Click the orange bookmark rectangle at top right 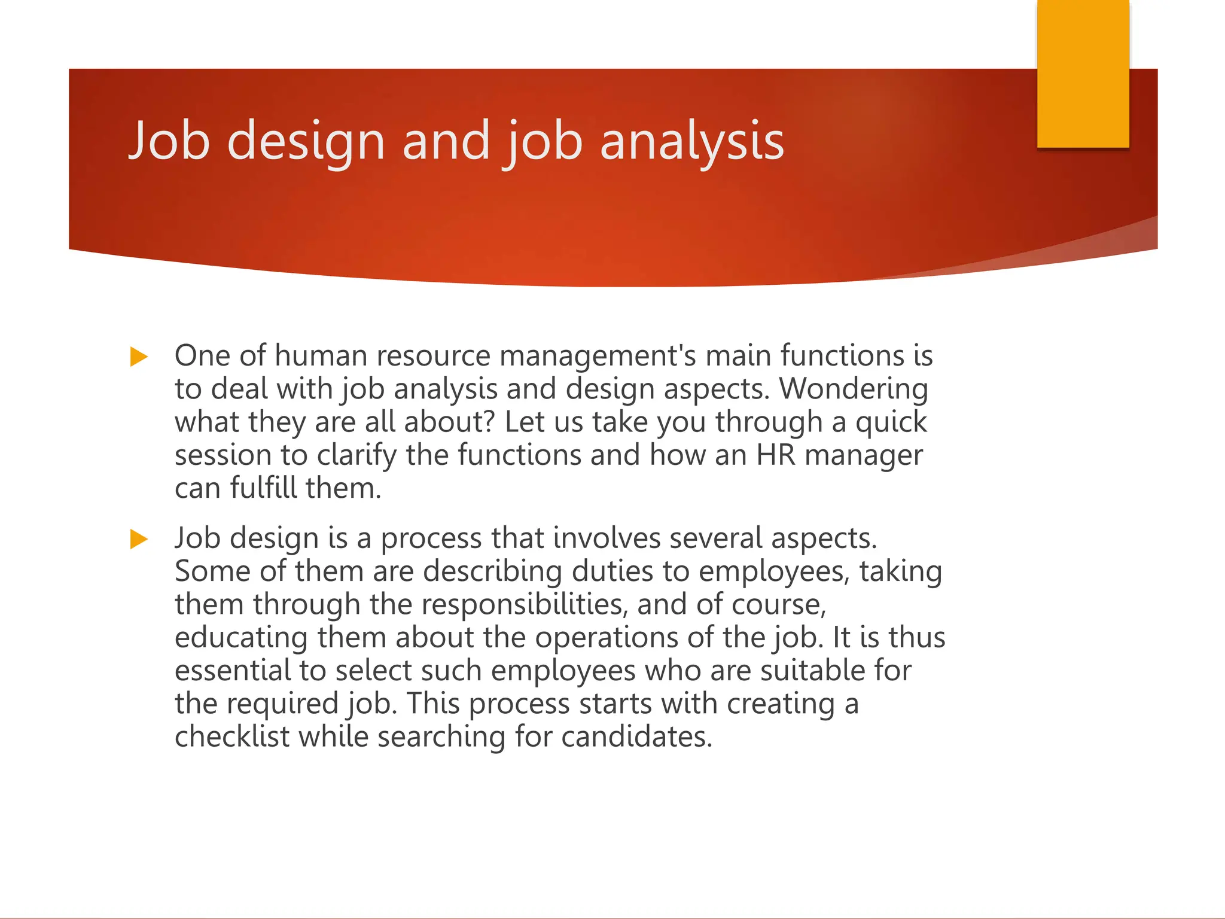[x=1083, y=73]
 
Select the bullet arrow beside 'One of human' [x=139, y=357]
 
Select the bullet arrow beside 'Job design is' [x=139, y=539]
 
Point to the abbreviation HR [x=776, y=455]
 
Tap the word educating [x=241, y=637]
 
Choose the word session [x=223, y=455]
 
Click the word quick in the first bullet [x=891, y=422]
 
